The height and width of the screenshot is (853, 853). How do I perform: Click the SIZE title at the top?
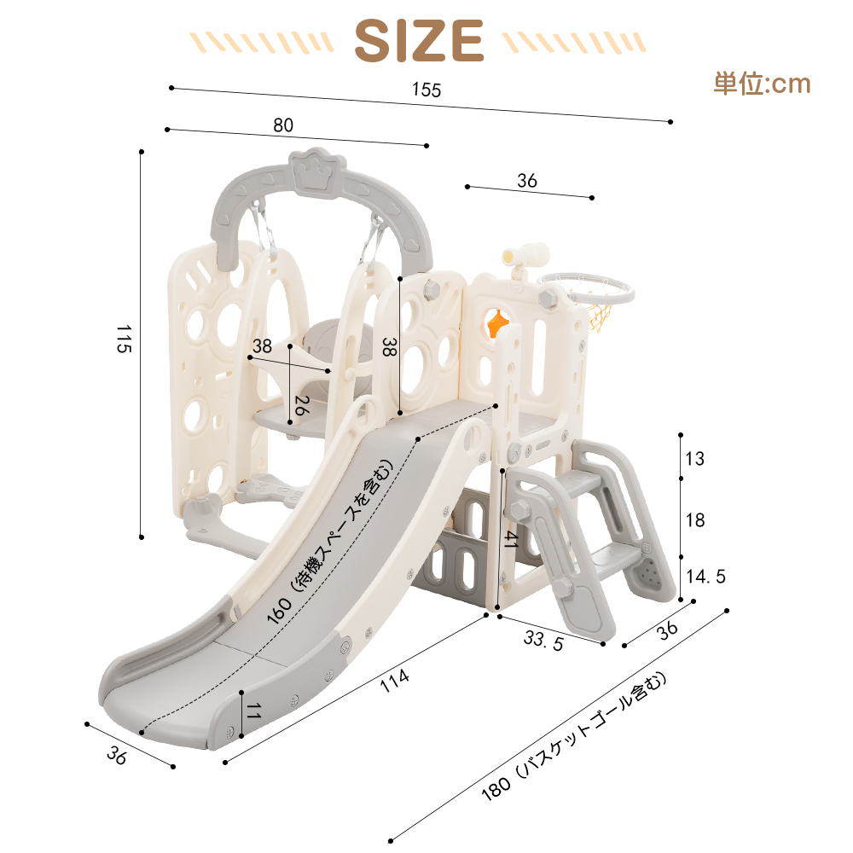click(x=419, y=40)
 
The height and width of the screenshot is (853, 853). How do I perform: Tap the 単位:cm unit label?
click(x=762, y=84)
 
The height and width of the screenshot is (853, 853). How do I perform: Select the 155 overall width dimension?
click(x=426, y=90)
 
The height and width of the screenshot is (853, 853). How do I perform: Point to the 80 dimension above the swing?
click(x=283, y=125)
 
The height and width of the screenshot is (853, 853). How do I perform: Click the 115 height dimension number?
click(x=124, y=339)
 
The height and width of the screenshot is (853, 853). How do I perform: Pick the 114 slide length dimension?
click(x=394, y=681)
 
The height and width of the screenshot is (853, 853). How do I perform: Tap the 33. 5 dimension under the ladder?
click(x=543, y=641)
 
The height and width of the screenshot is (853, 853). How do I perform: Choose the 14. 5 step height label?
click(x=705, y=576)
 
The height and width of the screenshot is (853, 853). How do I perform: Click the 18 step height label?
click(x=695, y=520)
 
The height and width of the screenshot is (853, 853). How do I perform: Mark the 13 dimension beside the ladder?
click(x=694, y=459)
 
